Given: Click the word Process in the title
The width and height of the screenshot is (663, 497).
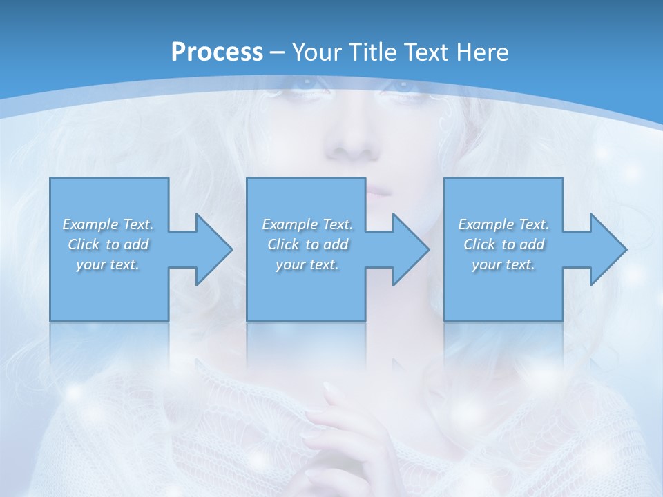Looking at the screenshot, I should point(217,52).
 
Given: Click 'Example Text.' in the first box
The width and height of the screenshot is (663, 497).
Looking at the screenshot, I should point(108,224).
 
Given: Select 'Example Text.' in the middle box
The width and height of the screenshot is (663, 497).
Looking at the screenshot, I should point(307,224).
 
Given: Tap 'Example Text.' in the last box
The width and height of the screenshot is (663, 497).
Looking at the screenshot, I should point(503,224).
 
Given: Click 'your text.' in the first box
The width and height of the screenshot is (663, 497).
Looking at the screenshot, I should point(108,264).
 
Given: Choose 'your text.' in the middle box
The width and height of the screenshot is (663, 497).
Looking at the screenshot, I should point(307,264).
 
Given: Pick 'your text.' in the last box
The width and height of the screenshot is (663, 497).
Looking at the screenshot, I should point(503,264).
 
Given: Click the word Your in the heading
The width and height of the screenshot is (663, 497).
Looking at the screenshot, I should point(314,52).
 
